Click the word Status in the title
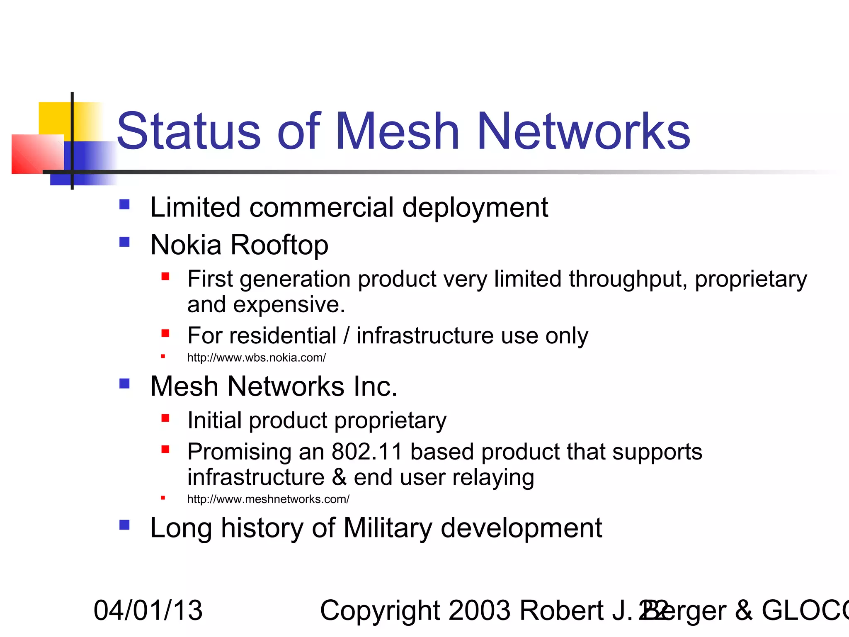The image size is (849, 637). [x=189, y=131]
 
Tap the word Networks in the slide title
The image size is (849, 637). [x=584, y=131]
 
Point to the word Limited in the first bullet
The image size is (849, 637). [x=195, y=207]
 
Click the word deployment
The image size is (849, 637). [x=475, y=208]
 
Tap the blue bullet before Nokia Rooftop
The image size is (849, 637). [x=124, y=242]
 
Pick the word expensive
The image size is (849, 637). [x=289, y=305]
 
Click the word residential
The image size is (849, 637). [x=283, y=336]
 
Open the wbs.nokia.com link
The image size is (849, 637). [x=256, y=357]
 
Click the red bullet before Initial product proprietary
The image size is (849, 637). [x=165, y=418]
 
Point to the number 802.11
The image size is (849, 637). [x=367, y=452]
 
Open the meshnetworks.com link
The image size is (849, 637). [x=268, y=499]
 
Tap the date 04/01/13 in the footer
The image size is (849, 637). [x=148, y=610]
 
